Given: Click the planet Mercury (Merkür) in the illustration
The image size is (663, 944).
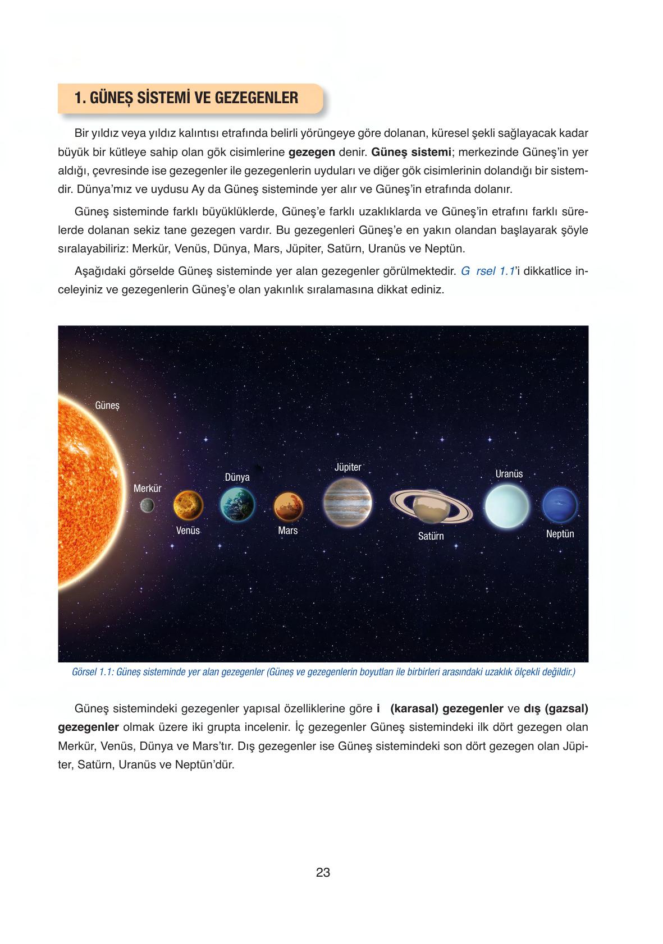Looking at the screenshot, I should click(147, 505).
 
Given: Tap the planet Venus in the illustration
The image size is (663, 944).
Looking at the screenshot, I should click(188, 506).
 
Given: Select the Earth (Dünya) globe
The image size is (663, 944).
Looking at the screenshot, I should click(237, 504).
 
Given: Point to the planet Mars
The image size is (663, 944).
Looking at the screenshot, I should click(288, 506).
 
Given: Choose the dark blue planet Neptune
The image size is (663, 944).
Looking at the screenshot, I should click(560, 505).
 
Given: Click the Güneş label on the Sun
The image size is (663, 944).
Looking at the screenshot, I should click(107, 404).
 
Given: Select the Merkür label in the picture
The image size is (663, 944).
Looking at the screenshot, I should click(147, 489).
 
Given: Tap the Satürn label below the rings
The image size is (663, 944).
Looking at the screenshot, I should click(431, 536).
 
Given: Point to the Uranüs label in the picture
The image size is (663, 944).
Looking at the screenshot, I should click(509, 474).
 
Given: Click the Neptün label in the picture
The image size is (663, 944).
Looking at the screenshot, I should click(560, 534).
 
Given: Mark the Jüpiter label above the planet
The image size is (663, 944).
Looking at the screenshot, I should click(347, 467).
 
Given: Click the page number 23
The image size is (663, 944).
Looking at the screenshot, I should click(323, 873).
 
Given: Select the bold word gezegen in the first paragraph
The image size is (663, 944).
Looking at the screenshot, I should click(312, 152).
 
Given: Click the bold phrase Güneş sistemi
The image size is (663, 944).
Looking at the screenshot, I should click(411, 152).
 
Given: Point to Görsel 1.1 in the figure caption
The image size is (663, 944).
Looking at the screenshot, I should click(93, 672).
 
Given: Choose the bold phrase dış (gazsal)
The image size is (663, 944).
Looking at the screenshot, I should click(556, 708).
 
